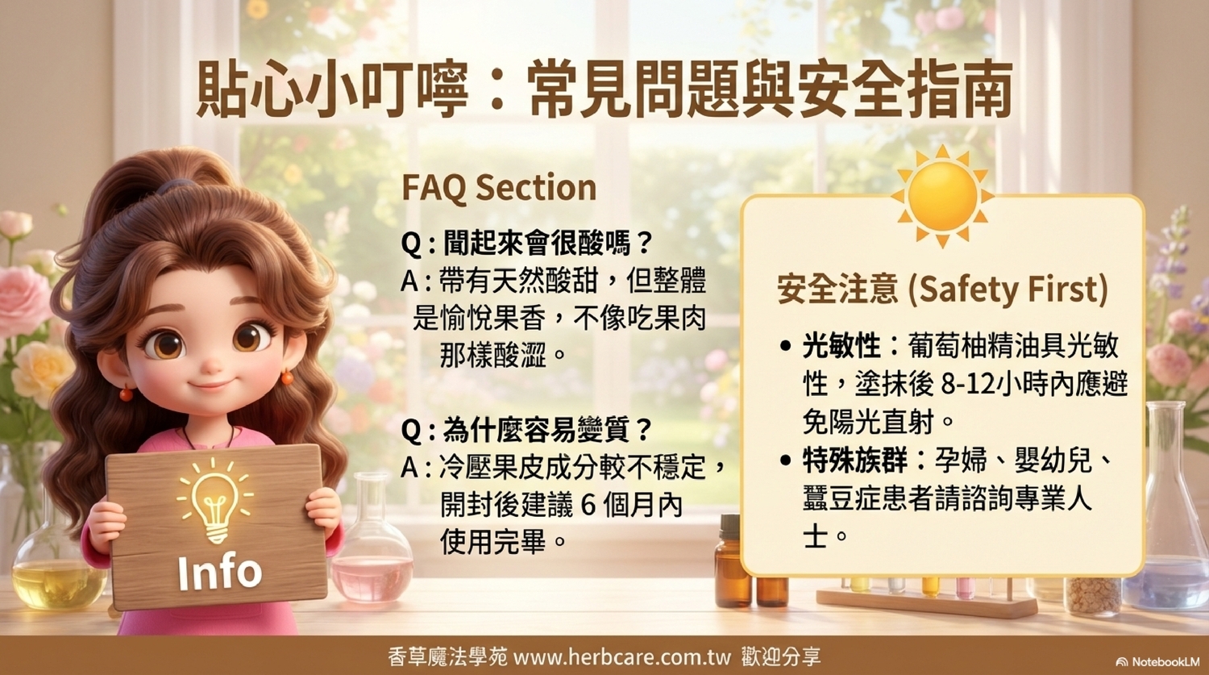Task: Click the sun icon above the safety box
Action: coord(942,196)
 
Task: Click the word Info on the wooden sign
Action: coord(220,573)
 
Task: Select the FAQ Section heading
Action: coord(499,188)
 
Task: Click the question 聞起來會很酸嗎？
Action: coord(526,244)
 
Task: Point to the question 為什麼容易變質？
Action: coord(526,431)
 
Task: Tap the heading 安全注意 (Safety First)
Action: coord(942,290)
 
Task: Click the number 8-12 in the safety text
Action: coord(968,385)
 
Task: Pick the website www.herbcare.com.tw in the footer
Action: coord(621,657)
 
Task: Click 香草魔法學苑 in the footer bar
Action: coord(447,657)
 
